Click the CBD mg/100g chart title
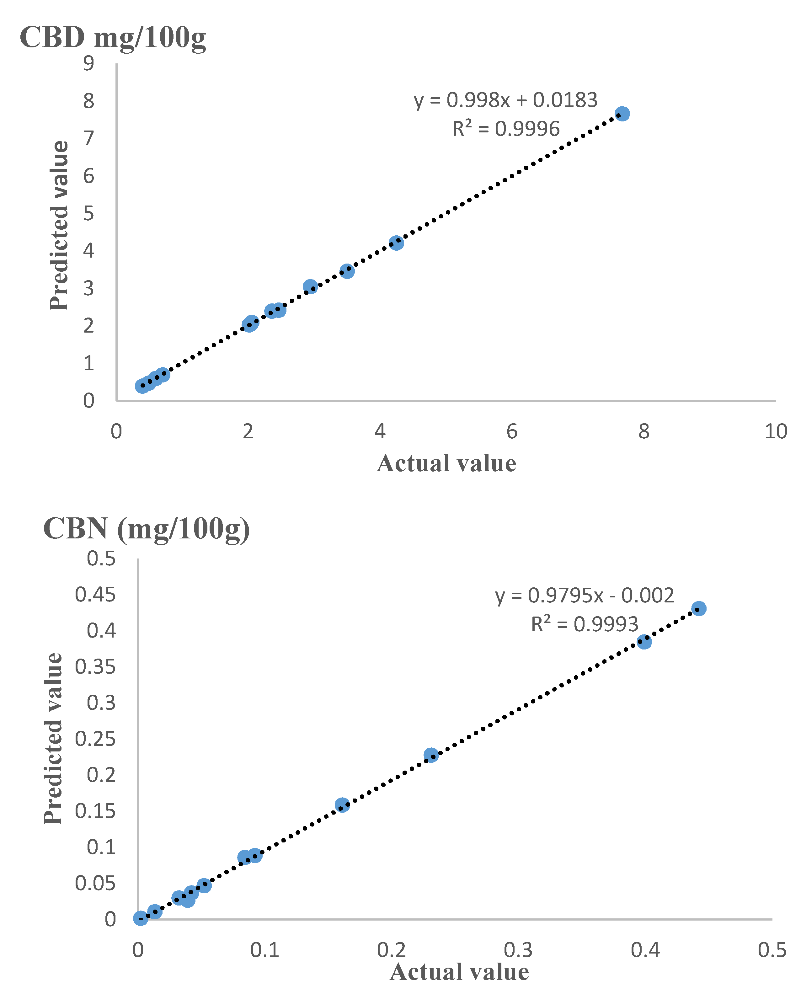tap(113, 37)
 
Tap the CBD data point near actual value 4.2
tap(396, 243)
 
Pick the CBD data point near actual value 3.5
tap(347, 271)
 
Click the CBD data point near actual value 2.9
tap(311, 286)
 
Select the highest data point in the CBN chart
tap(699, 608)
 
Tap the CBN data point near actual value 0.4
tap(644, 641)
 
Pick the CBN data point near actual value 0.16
tap(342, 805)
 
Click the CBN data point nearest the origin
tap(140, 918)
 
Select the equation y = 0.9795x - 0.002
tap(584, 595)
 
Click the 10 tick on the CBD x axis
tap(776, 431)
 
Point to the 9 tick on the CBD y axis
tap(88, 63)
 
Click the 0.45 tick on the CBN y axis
tap(95, 594)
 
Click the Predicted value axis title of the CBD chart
tap(59, 226)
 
